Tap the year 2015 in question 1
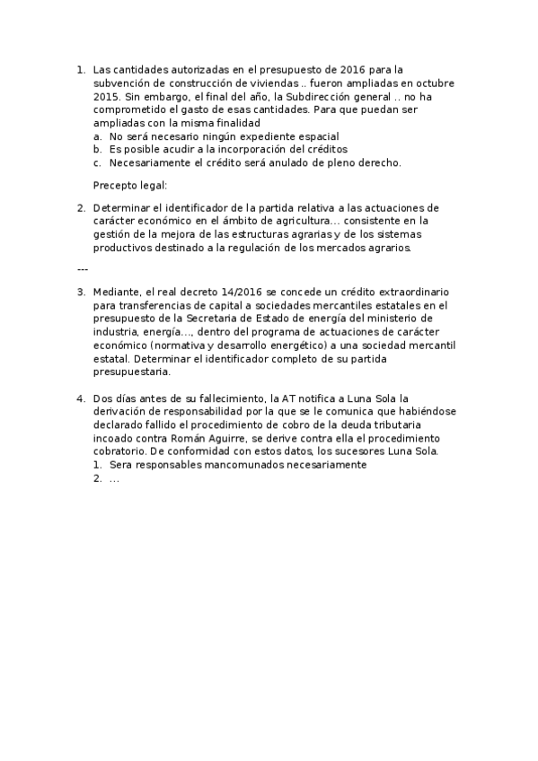point(106,95)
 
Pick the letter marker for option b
point(97,149)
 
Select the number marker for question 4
point(81,398)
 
